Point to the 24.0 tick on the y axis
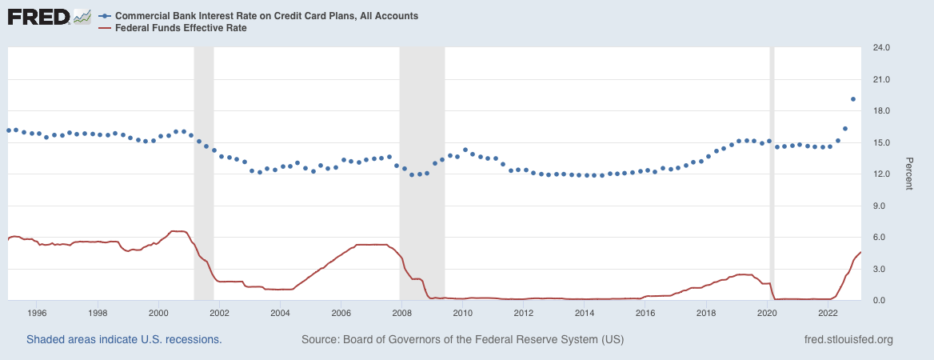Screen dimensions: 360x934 pyautogui.click(x=881, y=48)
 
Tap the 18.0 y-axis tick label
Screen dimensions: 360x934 pyautogui.click(x=881, y=111)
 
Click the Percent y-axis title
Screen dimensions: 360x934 pyautogui.click(x=908, y=174)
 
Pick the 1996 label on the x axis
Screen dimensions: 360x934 pyautogui.click(x=37, y=313)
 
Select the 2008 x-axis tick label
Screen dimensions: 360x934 pyautogui.click(x=401, y=313)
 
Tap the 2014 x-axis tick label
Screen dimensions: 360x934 pyautogui.click(x=584, y=313)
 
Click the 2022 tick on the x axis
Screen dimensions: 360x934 pyautogui.click(x=827, y=313)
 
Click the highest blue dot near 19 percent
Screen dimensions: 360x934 pyautogui.click(x=853, y=99)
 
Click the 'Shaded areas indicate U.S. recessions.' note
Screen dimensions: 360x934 pyautogui.click(x=124, y=340)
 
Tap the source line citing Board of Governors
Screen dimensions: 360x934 pyautogui.click(x=462, y=340)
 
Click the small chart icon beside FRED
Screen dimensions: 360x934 pyautogui.click(x=82, y=16)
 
